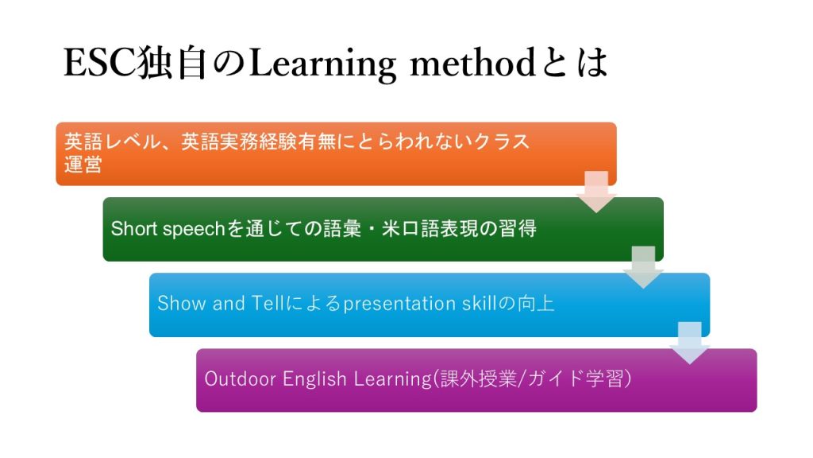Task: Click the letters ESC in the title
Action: pyautogui.click(x=100, y=63)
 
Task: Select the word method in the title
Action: pyautogui.click(x=473, y=63)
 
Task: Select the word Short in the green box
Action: pyautogui.click(x=133, y=228)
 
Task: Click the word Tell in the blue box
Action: pyautogui.click(x=268, y=303)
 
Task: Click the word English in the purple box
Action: pyautogui.click(x=314, y=379)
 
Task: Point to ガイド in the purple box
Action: pyautogui.click(x=557, y=378)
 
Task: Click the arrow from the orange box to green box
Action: pyautogui.click(x=596, y=192)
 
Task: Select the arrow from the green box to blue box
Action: pyautogui.click(x=643, y=267)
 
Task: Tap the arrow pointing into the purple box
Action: pyautogui.click(x=690, y=343)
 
